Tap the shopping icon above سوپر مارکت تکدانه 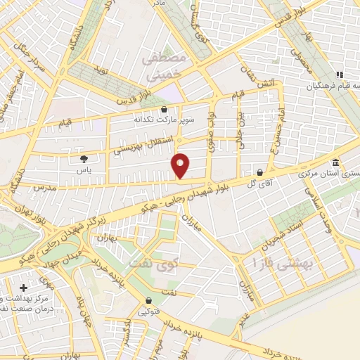pyautogui.click(x=164, y=109)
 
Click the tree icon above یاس pyautogui.click(x=84, y=159)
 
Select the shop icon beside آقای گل pyautogui.click(x=260, y=172)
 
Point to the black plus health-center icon pyautogui.click(x=25, y=288)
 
